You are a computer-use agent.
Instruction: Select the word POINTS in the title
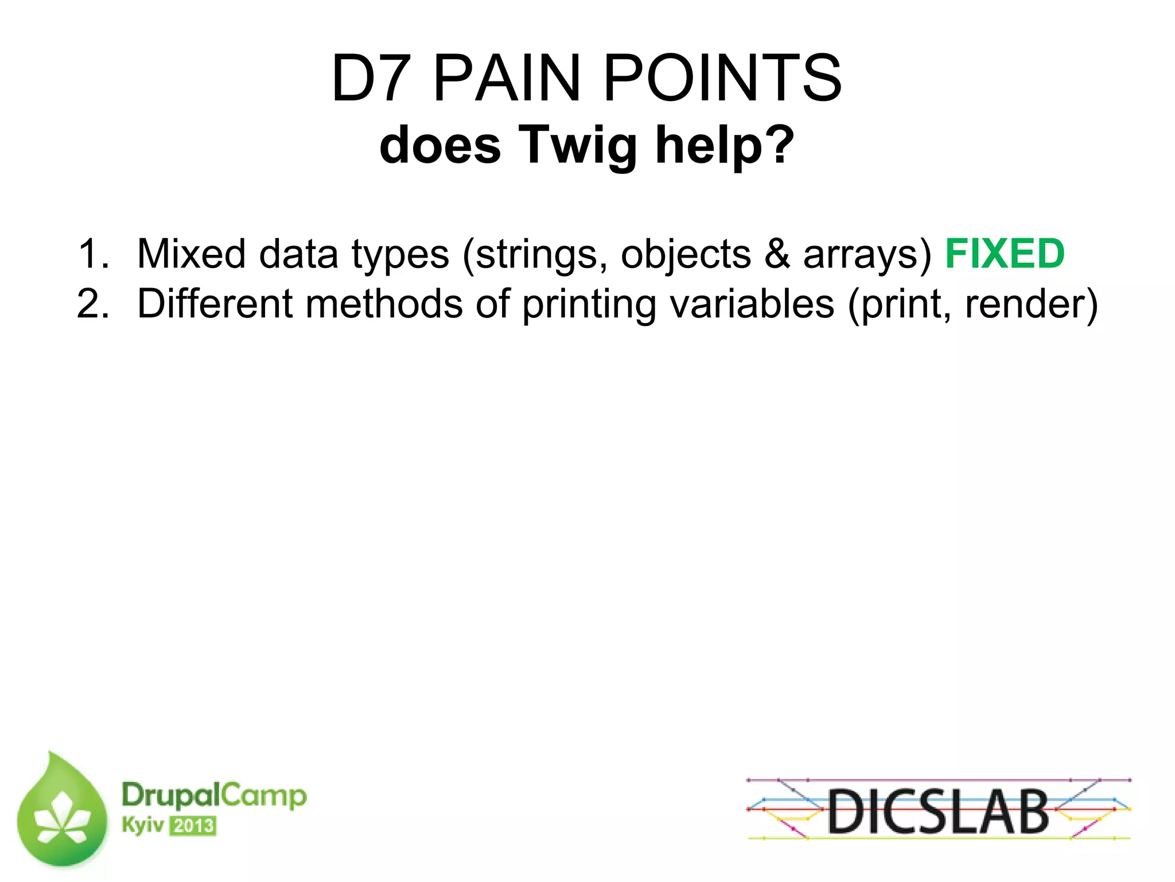pyautogui.click(x=722, y=78)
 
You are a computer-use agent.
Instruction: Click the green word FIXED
pyautogui.click(x=1005, y=254)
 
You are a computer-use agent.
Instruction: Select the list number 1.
pyautogui.click(x=92, y=254)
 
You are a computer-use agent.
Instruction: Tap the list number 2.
pyautogui.click(x=92, y=304)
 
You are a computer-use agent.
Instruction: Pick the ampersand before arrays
pyautogui.click(x=777, y=254)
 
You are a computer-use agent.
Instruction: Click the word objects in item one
pyautogui.click(x=686, y=255)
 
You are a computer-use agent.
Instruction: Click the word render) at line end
pyautogui.click(x=1031, y=304)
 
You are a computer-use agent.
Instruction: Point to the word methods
pyautogui.click(x=384, y=304)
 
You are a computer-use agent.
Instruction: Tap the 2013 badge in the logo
pyautogui.click(x=193, y=826)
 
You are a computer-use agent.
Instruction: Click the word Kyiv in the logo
pyautogui.click(x=142, y=825)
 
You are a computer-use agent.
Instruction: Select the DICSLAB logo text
pyautogui.click(x=938, y=811)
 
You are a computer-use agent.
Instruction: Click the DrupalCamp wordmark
pyautogui.click(x=214, y=795)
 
